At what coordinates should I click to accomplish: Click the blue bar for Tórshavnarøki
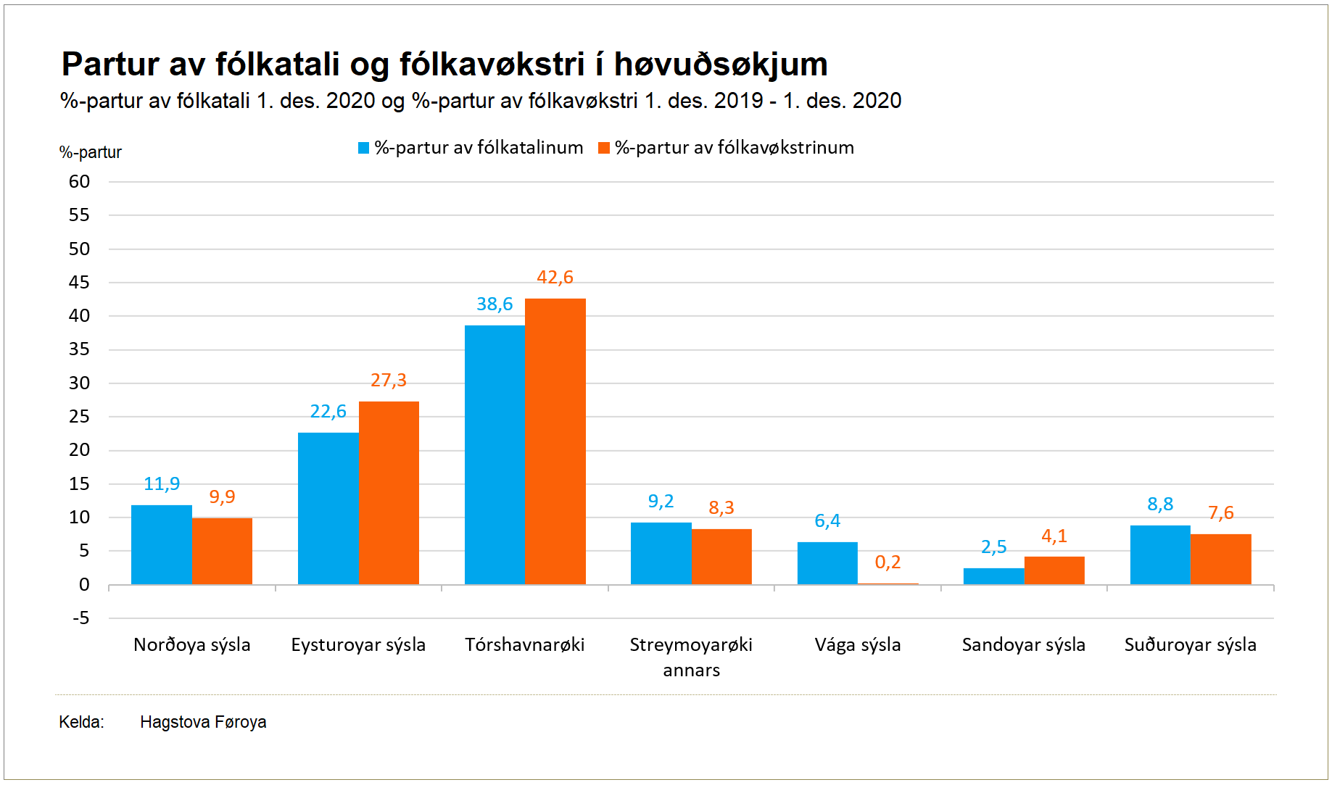click(495, 454)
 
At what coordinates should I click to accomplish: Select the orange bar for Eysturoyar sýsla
click(389, 493)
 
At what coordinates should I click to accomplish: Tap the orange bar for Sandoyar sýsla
click(1054, 570)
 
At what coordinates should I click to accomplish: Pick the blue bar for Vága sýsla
click(827, 563)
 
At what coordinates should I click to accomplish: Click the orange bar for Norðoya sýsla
click(222, 551)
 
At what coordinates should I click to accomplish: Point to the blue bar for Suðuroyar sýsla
click(1160, 555)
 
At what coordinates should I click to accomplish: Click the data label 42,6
click(555, 278)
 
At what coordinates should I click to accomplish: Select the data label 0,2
click(888, 562)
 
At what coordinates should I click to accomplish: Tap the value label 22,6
click(328, 412)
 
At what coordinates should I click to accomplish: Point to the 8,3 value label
click(721, 508)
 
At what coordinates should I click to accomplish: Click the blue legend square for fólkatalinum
click(364, 149)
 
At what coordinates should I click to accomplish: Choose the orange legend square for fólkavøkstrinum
click(603, 149)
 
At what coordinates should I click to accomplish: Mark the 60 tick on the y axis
click(80, 182)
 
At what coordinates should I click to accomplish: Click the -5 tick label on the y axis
click(81, 618)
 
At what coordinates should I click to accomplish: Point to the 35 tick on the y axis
click(80, 349)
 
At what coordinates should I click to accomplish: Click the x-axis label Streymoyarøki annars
click(691, 657)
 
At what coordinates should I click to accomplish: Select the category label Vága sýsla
click(858, 645)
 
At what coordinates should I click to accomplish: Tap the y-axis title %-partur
click(91, 153)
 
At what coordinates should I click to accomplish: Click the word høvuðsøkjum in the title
click(721, 65)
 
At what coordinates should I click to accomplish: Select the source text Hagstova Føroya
click(203, 722)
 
